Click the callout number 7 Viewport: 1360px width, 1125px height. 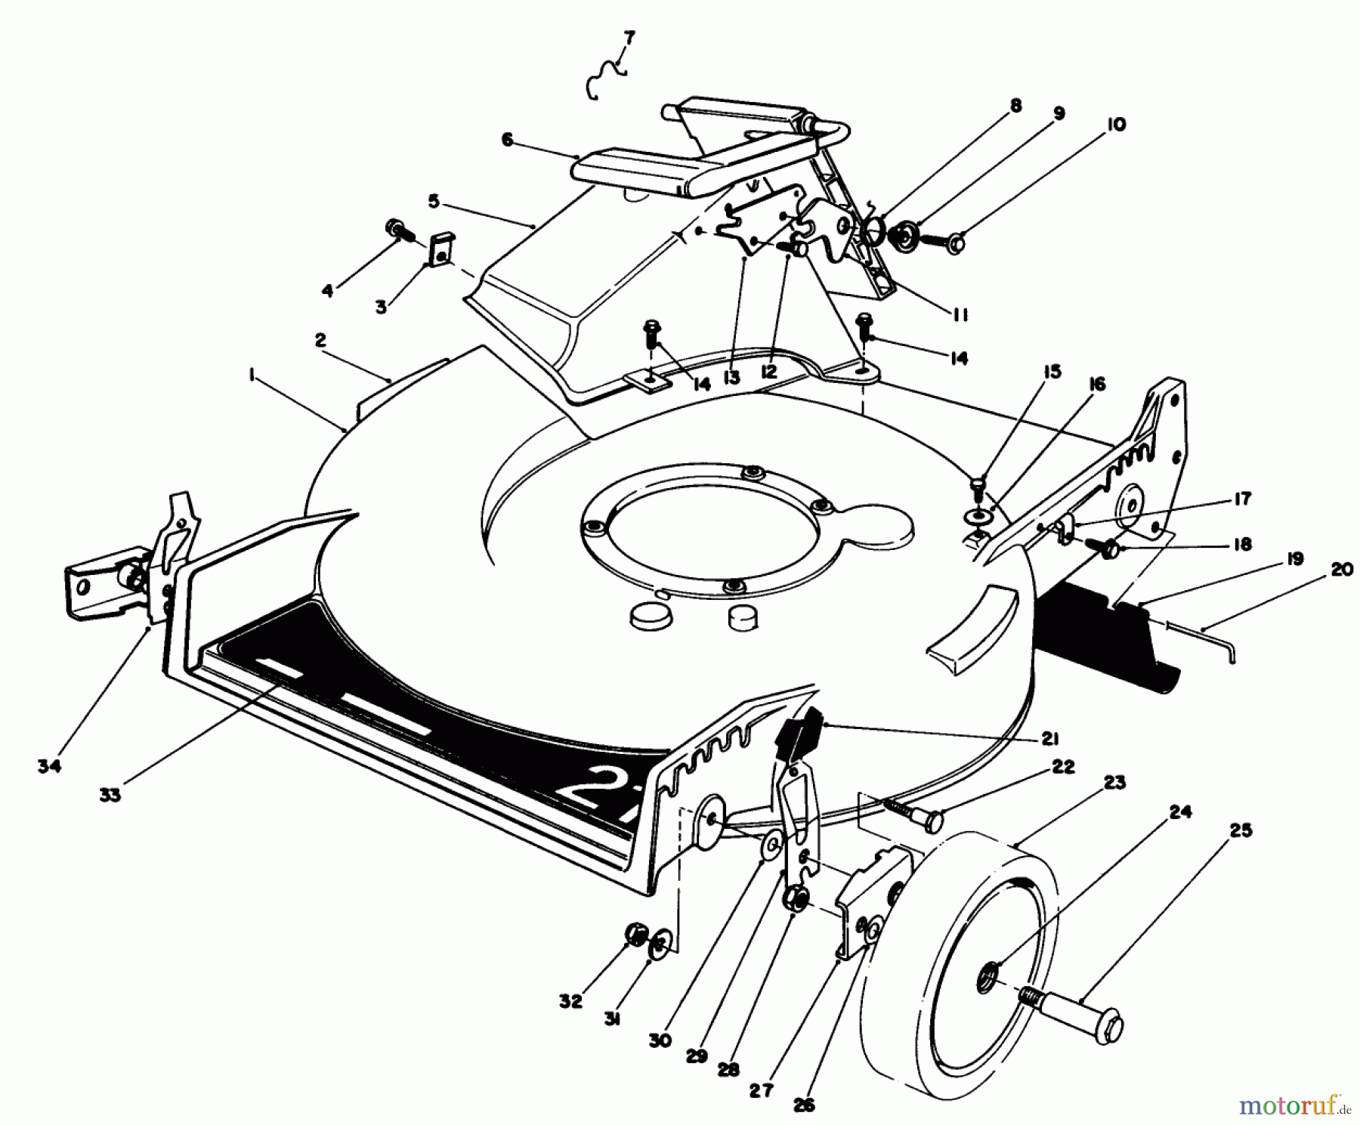(x=629, y=36)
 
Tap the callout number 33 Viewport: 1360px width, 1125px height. (x=110, y=795)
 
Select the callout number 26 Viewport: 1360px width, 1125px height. (x=805, y=1105)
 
